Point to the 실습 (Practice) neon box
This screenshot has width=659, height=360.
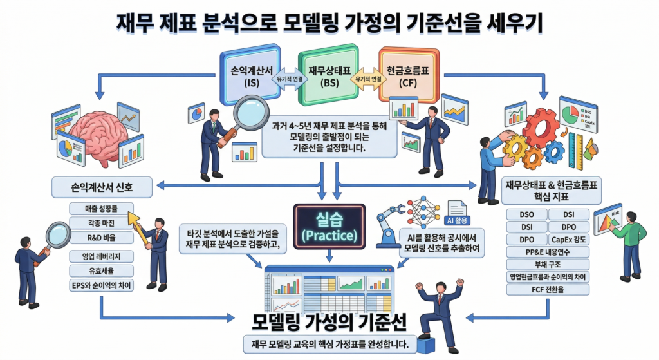click(329, 226)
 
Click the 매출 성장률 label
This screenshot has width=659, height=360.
click(101, 207)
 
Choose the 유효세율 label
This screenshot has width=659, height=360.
click(101, 270)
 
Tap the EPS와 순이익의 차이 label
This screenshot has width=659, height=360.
click(101, 284)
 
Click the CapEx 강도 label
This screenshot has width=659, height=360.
click(569, 239)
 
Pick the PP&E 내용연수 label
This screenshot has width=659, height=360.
click(548, 252)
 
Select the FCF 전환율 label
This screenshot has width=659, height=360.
click(548, 289)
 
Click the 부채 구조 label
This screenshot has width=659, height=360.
click(548, 264)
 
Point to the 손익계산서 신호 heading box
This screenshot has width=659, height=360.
click(102, 187)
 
